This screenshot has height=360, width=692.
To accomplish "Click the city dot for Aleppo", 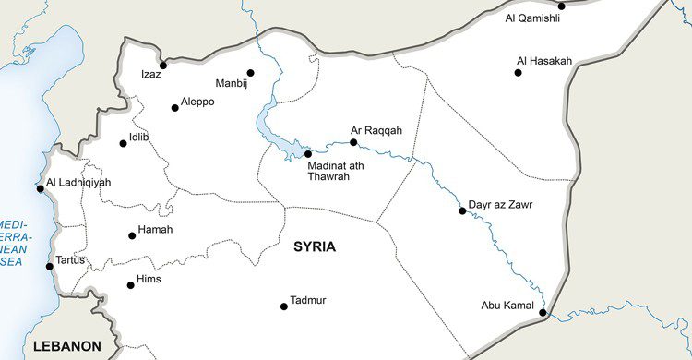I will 175,108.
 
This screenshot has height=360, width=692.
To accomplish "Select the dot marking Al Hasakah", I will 518,73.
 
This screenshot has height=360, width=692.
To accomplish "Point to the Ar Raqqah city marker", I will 353,143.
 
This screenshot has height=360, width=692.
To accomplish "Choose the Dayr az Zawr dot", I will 462,211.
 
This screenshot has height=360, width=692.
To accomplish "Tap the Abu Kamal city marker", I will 543,313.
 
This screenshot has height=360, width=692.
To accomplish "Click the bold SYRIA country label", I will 315,246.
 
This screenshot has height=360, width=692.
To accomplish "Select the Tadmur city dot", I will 284,306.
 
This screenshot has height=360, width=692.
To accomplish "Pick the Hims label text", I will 149,279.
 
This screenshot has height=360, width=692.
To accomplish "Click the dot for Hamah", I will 132,236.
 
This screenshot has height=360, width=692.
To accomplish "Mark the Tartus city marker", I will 50,267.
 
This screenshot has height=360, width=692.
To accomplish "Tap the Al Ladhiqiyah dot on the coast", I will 40,189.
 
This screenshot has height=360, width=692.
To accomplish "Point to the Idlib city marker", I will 124,143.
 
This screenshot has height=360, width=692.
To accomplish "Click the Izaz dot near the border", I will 163,66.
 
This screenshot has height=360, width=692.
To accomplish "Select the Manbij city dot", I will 250,73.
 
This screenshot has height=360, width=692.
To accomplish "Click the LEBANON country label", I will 66,346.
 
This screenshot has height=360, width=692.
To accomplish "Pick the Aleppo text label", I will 197,102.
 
